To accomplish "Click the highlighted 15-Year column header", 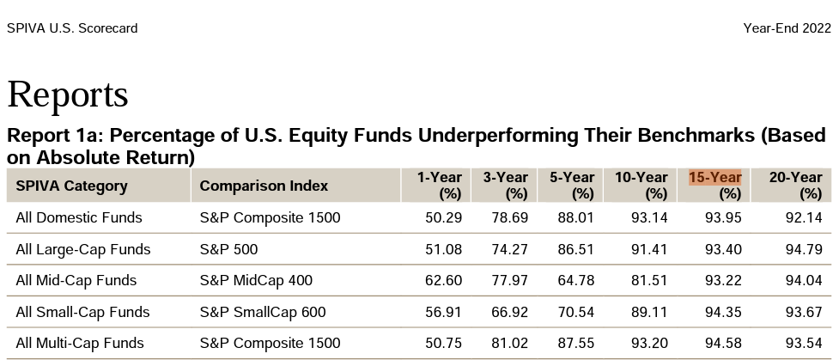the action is pyautogui.click(x=714, y=185).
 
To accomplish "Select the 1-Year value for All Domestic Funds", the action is pyautogui.click(x=444, y=218).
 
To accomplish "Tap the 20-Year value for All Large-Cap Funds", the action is pyautogui.click(x=804, y=250).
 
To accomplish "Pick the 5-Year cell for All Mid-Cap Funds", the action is pyautogui.click(x=575, y=281).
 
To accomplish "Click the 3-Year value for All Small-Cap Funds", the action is pyautogui.click(x=509, y=313).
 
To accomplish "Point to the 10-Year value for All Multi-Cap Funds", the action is pyautogui.click(x=649, y=344).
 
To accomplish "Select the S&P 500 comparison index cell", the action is pyautogui.click(x=228, y=250).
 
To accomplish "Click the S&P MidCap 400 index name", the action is pyautogui.click(x=256, y=281).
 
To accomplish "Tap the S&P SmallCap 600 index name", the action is pyautogui.click(x=263, y=313).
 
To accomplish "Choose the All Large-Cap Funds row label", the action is pyautogui.click(x=83, y=250).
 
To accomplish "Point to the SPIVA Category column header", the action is pyautogui.click(x=71, y=186).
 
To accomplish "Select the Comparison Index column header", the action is pyautogui.click(x=264, y=186).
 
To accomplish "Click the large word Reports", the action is pyautogui.click(x=68, y=95).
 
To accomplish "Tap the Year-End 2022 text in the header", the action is pyautogui.click(x=787, y=28).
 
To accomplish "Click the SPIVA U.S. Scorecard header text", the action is pyautogui.click(x=72, y=28).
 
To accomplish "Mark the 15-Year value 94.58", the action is pyautogui.click(x=723, y=344).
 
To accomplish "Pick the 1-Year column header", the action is pyautogui.click(x=440, y=185).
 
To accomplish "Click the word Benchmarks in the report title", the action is pyautogui.click(x=696, y=136).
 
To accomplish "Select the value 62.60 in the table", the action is pyautogui.click(x=444, y=281).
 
